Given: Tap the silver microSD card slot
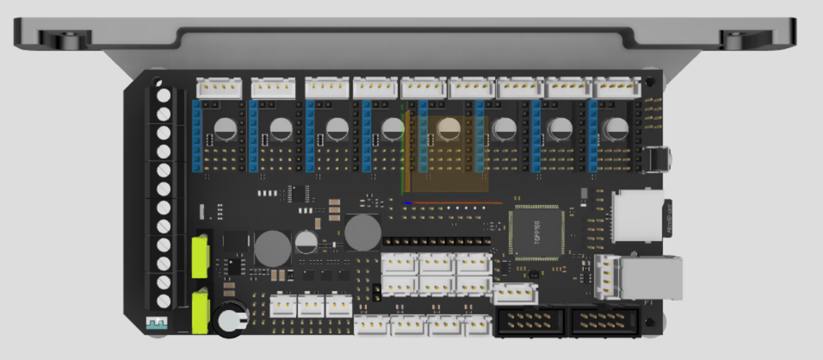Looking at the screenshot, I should [x=637, y=215].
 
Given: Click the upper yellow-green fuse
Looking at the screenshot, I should [x=200, y=257].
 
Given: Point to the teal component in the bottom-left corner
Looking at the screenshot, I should [x=157, y=323].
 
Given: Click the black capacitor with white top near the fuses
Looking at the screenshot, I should [x=230, y=319].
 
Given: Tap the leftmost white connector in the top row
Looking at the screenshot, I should [x=219, y=88].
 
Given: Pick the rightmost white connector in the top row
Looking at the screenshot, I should [x=617, y=88].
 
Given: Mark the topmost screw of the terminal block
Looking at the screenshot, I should [x=164, y=95].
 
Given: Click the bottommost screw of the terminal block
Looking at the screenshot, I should [x=164, y=301].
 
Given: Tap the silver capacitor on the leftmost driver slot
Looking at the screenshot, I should [x=225, y=129].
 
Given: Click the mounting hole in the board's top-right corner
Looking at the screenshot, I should [x=650, y=81].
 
